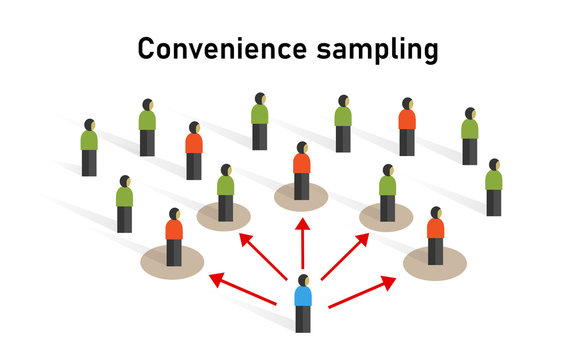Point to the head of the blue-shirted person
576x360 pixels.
pos(302,278)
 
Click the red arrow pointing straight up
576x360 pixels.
pos(302,244)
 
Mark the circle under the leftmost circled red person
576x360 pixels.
pos(172,262)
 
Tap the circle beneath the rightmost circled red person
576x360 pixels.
pos(435,262)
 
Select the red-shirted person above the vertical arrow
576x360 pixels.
pos(301,171)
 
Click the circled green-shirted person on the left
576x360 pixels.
pos(226,193)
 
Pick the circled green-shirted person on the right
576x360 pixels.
pos(387,193)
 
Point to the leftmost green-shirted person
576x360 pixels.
pos(90,148)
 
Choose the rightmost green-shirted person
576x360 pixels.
pos(494,187)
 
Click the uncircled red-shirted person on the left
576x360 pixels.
pos(194,151)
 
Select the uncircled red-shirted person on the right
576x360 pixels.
pos(407,127)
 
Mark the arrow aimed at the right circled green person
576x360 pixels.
pos(345,257)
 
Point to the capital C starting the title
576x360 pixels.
pos(145,48)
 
